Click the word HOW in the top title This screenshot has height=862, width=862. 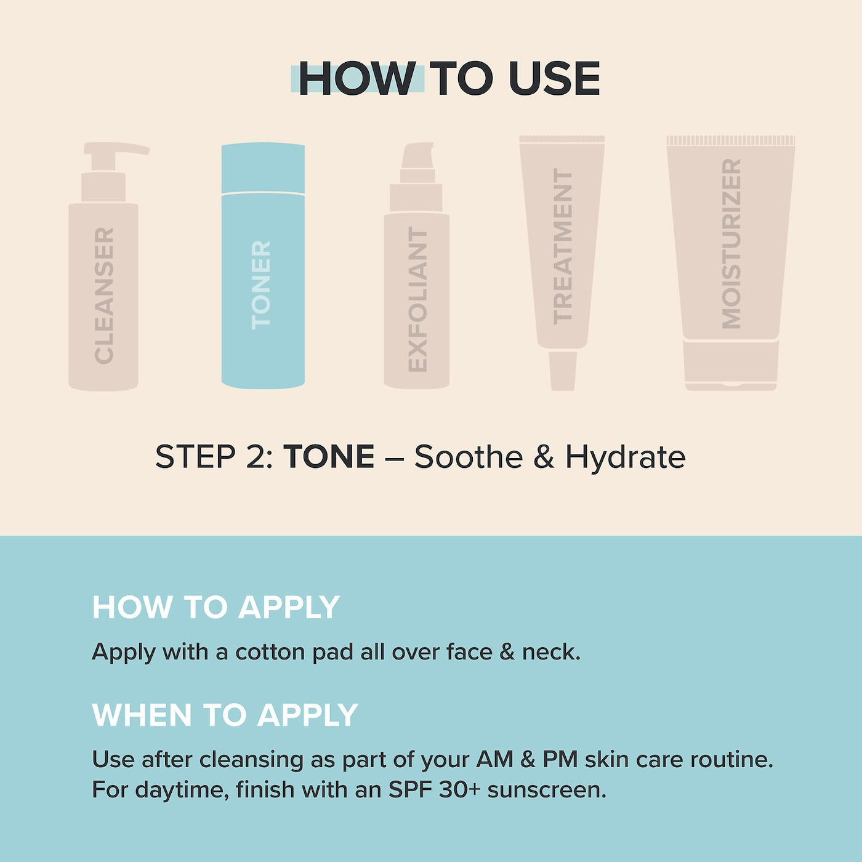coord(356,78)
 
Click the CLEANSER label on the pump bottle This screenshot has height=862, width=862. coord(104,296)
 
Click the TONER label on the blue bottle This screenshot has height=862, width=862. coord(261,286)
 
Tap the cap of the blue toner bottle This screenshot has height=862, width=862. coord(263,168)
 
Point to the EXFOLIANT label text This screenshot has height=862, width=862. coord(418,299)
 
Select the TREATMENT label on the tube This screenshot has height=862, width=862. coord(562,246)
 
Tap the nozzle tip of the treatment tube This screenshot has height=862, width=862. coord(563,371)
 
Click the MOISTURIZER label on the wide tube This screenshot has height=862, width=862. coord(731,244)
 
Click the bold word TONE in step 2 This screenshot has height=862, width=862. coord(329,457)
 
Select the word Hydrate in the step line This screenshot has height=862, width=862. coord(626,458)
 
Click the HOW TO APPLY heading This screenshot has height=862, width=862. coord(216,607)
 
